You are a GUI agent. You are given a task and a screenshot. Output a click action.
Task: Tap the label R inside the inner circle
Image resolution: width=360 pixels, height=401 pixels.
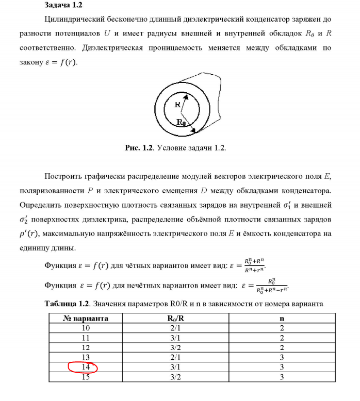coord(177,104)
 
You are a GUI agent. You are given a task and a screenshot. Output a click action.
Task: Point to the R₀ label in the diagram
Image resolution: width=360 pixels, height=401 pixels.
coord(182,122)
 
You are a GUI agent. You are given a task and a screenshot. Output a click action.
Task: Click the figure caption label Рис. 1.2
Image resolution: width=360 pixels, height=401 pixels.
coord(139,147)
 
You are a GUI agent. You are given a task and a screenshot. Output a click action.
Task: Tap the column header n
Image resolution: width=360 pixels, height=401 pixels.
coord(282,318)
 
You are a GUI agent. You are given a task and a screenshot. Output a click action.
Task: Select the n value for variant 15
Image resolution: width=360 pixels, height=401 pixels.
coord(282,378)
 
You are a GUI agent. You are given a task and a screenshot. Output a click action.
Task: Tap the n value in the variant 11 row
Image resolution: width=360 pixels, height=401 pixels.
coord(282,338)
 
